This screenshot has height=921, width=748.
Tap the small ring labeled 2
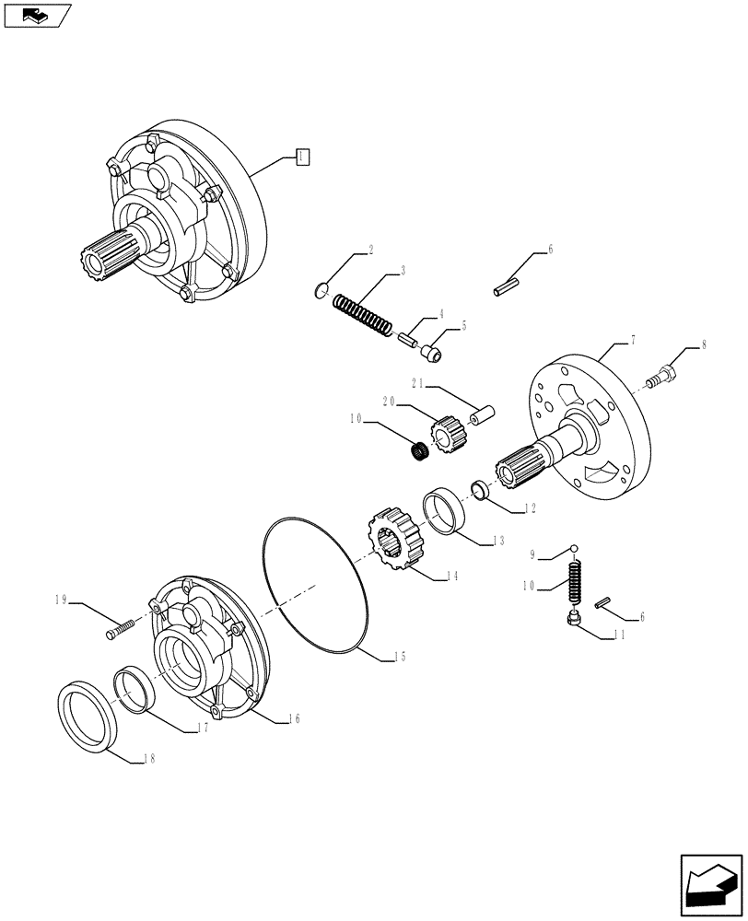click(x=319, y=292)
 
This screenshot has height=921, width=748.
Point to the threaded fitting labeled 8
click(x=663, y=375)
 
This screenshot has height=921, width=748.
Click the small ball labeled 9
click(x=571, y=550)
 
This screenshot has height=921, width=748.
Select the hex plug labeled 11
click(x=572, y=622)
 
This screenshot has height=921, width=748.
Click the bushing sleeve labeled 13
click(x=448, y=513)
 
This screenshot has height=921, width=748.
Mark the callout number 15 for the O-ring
click(x=399, y=657)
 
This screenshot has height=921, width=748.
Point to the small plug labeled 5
click(x=432, y=351)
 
